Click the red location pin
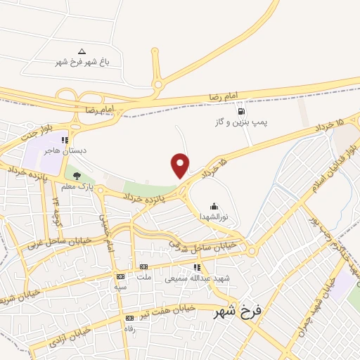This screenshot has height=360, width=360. pyautogui.click(x=181, y=165)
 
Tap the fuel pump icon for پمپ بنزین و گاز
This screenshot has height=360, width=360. pyautogui.click(x=242, y=110)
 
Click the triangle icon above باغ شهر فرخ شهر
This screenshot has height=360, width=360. pyautogui.click(x=82, y=51)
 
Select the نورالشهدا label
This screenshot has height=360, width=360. pyautogui.click(x=214, y=217)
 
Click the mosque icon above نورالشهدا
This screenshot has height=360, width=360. pyautogui.click(x=214, y=207)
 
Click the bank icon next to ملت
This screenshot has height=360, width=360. pyautogui.click(x=143, y=266)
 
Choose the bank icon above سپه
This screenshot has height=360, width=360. pyautogui.click(x=120, y=276)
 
